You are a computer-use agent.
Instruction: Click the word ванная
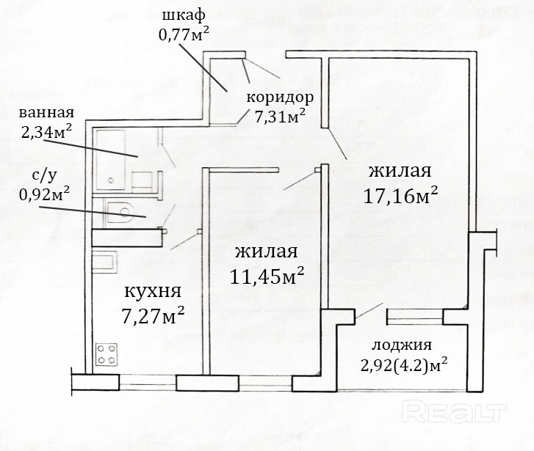pyautogui.click(x=47, y=113)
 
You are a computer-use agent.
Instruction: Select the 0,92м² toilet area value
pyautogui.click(x=44, y=194)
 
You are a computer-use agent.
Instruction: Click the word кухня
pyautogui.click(x=153, y=291)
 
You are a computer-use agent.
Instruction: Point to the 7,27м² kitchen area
pyautogui.click(x=153, y=317)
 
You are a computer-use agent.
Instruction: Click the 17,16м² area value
pyautogui.click(x=401, y=196)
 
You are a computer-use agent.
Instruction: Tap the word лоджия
pyautogui.click(x=401, y=345)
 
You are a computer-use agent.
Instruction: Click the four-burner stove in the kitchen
pyautogui.click(x=107, y=354)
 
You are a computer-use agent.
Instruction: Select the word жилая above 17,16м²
pyautogui.click(x=400, y=171)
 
